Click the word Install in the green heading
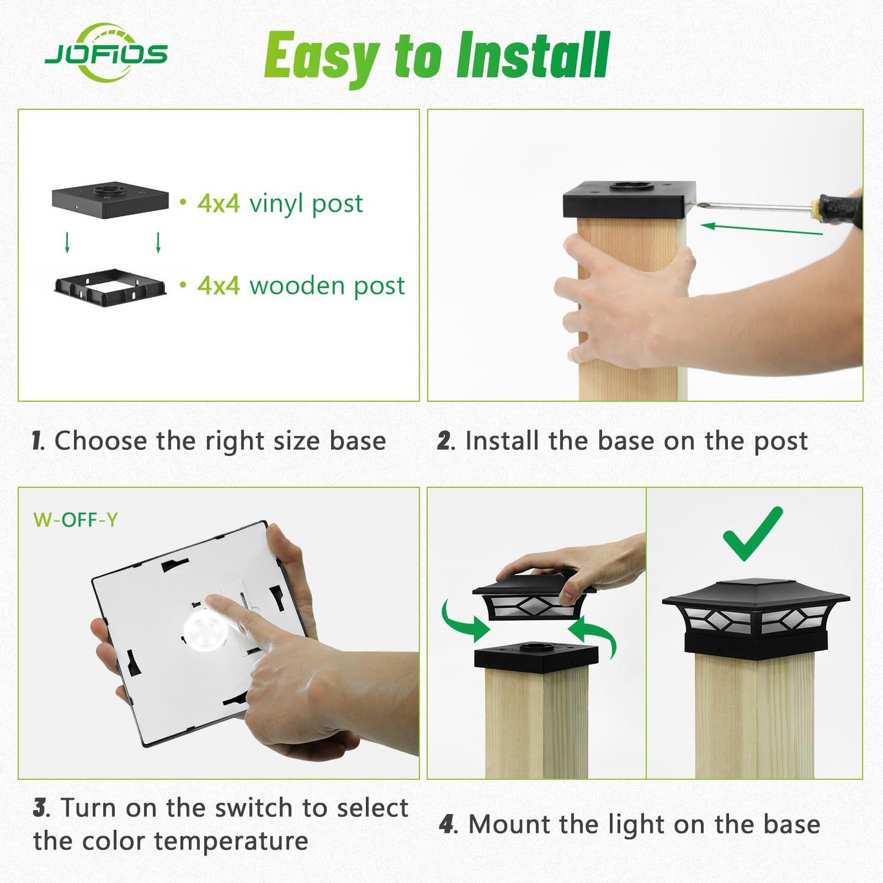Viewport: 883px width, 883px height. (x=533, y=56)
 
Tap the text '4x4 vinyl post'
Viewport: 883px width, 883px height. (x=279, y=203)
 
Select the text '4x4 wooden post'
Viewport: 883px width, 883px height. (x=301, y=285)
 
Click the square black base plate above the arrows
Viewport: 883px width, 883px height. (x=110, y=199)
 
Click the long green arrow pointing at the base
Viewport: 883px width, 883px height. (x=761, y=229)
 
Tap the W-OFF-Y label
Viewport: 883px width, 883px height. (x=75, y=520)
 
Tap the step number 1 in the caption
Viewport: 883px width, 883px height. (x=37, y=441)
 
